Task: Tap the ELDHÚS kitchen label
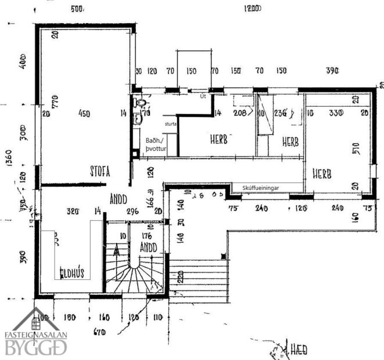pyautogui.click(x=74, y=272)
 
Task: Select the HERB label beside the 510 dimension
pyautogui.click(x=322, y=174)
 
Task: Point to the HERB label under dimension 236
pyautogui.click(x=291, y=141)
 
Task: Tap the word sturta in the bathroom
pyautogui.click(x=170, y=124)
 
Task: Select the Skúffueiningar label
pyautogui.click(x=258, y=187)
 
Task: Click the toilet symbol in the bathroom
pyautogui.click(x=139, y=103)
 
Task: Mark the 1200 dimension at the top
pyautogui.click(x=252, y=9)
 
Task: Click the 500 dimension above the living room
pyautogui.click(x=77, y=9)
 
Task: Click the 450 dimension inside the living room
pyautogui.click(x=84, y=114)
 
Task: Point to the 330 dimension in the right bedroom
pyautogui.click(x=333, y=113)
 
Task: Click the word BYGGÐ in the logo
pyautogui.click(x=37, y=347)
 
